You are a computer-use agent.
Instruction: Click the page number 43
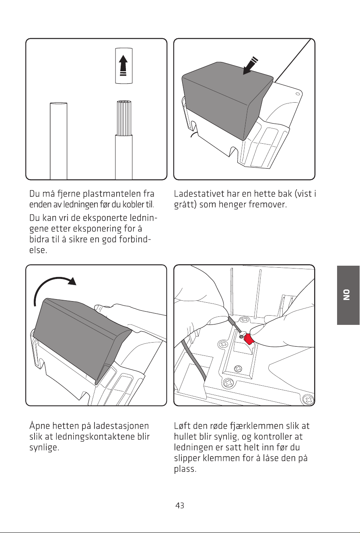coord(179,505)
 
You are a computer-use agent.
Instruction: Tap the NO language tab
coord(348,295)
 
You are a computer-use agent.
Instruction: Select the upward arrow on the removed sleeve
coord(123,66)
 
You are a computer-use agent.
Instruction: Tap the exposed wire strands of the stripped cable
coord(124,118)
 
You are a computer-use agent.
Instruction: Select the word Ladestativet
coord(199,194)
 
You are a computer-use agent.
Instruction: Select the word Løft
coord(182,426)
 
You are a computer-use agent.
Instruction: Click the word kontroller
coord(275,436)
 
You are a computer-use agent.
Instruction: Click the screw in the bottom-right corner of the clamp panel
coord(309,399)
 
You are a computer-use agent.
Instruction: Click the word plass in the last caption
coord(185,469)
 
